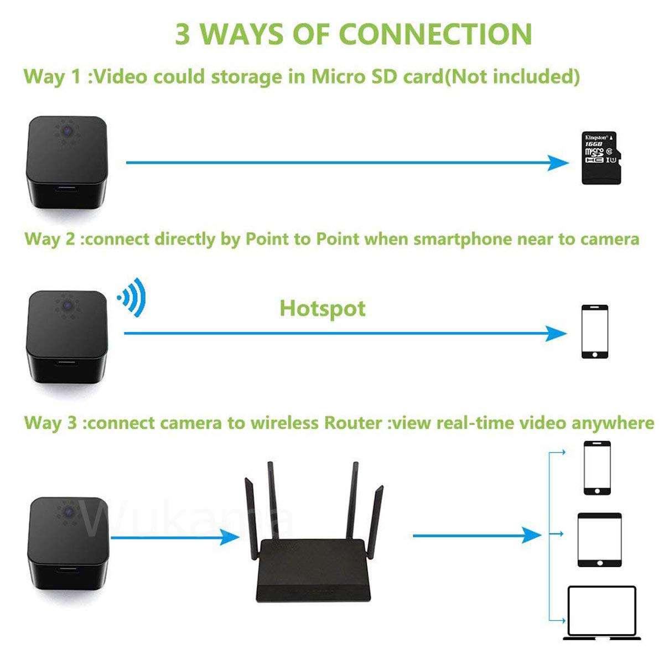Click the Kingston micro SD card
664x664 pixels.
600,158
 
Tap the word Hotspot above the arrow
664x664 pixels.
323,308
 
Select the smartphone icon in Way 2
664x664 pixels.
594,331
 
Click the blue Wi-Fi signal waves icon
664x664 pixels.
132,298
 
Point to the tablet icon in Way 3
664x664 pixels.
599,539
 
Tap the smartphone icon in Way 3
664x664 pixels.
597,468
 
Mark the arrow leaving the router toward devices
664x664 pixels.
476,535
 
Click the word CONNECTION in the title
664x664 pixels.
435,34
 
